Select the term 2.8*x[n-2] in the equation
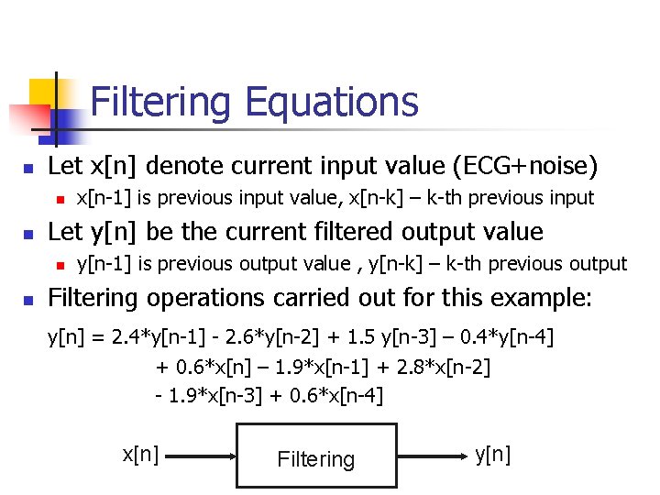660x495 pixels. tap(441, 367)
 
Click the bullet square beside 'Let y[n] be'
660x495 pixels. tap(28, 233)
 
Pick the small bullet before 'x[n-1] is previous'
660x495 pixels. tap(59, 199)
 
